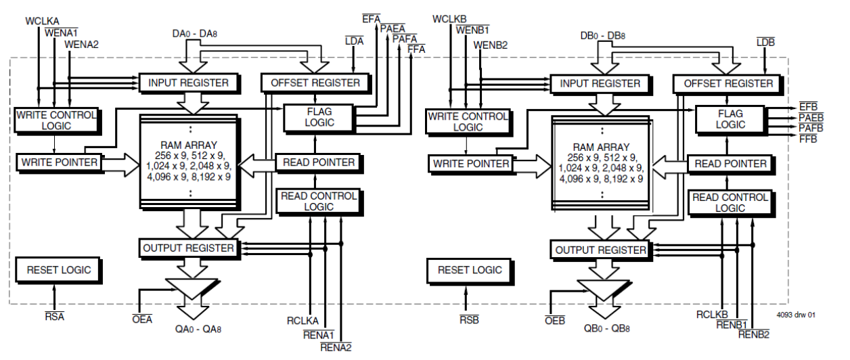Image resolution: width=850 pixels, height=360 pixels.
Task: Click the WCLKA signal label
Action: (43, 21)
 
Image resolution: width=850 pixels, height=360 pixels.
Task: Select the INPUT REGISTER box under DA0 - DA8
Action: (188, 83)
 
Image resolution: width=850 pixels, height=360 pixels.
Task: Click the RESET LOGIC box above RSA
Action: (58, 270)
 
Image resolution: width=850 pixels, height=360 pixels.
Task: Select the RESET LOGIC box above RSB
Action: (470, 270)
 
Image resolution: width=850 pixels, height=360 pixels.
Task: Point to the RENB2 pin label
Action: (753, 334)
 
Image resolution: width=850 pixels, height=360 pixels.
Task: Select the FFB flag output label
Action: (808, 139)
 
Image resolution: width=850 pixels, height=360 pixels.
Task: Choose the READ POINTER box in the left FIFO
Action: (318, 162)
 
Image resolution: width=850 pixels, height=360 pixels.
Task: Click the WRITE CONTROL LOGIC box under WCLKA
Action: (55, 120)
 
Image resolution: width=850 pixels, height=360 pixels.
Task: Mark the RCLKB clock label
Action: (712, 315)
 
